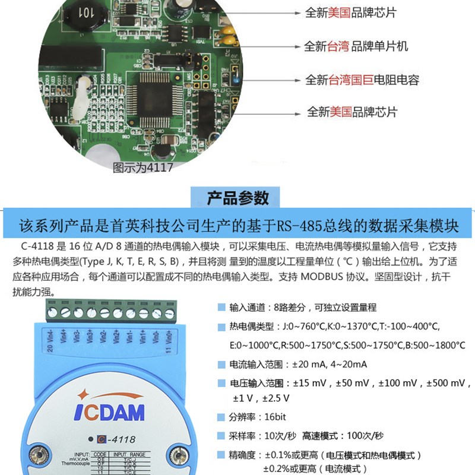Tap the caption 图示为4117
point(142,167)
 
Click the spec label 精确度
point(243,455)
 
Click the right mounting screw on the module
point(177,456)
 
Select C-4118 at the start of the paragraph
point(35,247)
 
